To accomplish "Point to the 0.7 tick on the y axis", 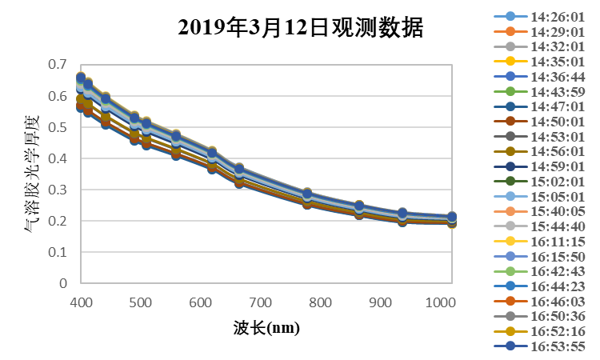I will (57, 64).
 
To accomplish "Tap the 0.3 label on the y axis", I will (57, 190).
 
